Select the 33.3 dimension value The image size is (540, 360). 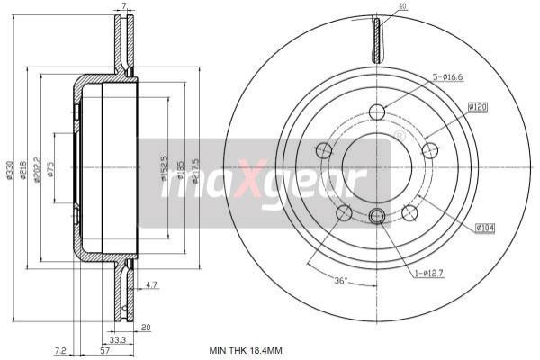[115, 340]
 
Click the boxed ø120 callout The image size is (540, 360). [477, 108]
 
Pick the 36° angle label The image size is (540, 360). [341, 280]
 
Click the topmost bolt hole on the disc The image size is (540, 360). [377, 112]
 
